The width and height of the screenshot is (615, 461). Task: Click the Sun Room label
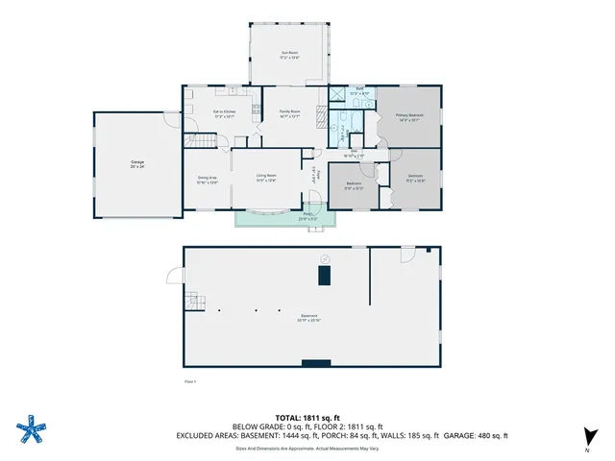coord(289,55)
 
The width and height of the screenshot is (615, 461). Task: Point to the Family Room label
coord(289,114)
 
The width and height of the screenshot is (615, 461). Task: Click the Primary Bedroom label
coord(409,117)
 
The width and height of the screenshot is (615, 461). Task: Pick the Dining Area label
coord(207,179)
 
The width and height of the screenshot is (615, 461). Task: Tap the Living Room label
coord(266,178)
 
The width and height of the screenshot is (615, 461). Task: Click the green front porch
coord(284,217)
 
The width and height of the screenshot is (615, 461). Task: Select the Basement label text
coord(308,318)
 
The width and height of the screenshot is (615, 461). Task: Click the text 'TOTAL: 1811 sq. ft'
coord(307,418)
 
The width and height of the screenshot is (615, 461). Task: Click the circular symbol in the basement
coord(325,258)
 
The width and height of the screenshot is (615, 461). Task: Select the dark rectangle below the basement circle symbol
coord(325,277)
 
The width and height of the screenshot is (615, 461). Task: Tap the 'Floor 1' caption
coord(189,382)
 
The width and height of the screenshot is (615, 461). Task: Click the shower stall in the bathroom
coord(336,94)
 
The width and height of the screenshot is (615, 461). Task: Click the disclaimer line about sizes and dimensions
coord(307,447)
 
